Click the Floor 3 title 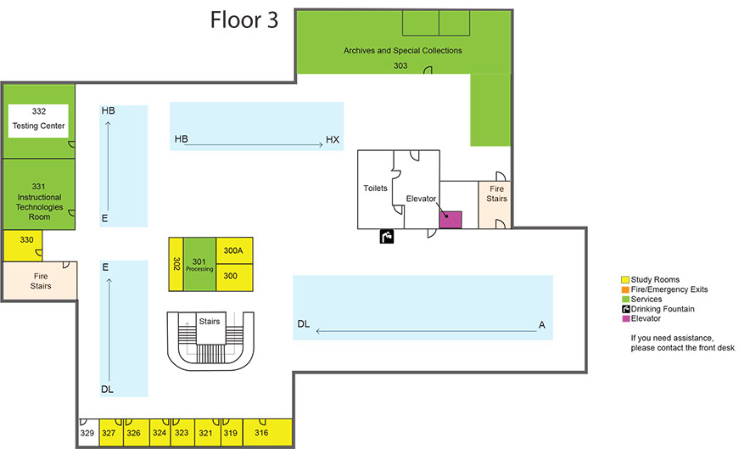coord(243,20)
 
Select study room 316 coord(261,433)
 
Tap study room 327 coord(109,433)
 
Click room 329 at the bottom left coord(87,433)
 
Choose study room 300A coord(233,250)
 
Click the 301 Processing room coord(199,264)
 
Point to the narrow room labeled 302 coord(176,264)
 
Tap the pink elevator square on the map coord(450,219)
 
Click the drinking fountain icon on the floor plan coord(387,237)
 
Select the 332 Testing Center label coord(38,119)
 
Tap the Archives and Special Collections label coord(402,51)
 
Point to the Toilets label coord(376,188)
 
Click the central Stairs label coord(209,322)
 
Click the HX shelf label coord(333,138)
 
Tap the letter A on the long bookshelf coord(540,324)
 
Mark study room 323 coord(182,433)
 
